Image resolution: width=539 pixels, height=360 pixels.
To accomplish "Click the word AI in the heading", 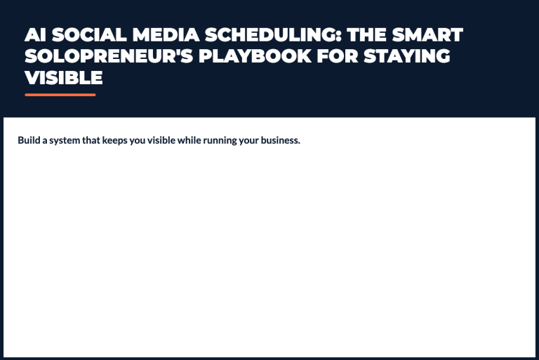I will [x=35, y=35].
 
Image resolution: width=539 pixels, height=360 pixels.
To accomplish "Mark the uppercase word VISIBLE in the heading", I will [x=64, y=77].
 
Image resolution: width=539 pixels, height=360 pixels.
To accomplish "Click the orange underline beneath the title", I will [x=60, y=94].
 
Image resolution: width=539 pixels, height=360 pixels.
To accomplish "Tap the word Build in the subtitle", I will [x=29, y=140].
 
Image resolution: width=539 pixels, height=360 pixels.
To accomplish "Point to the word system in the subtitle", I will [x=65, y=140].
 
